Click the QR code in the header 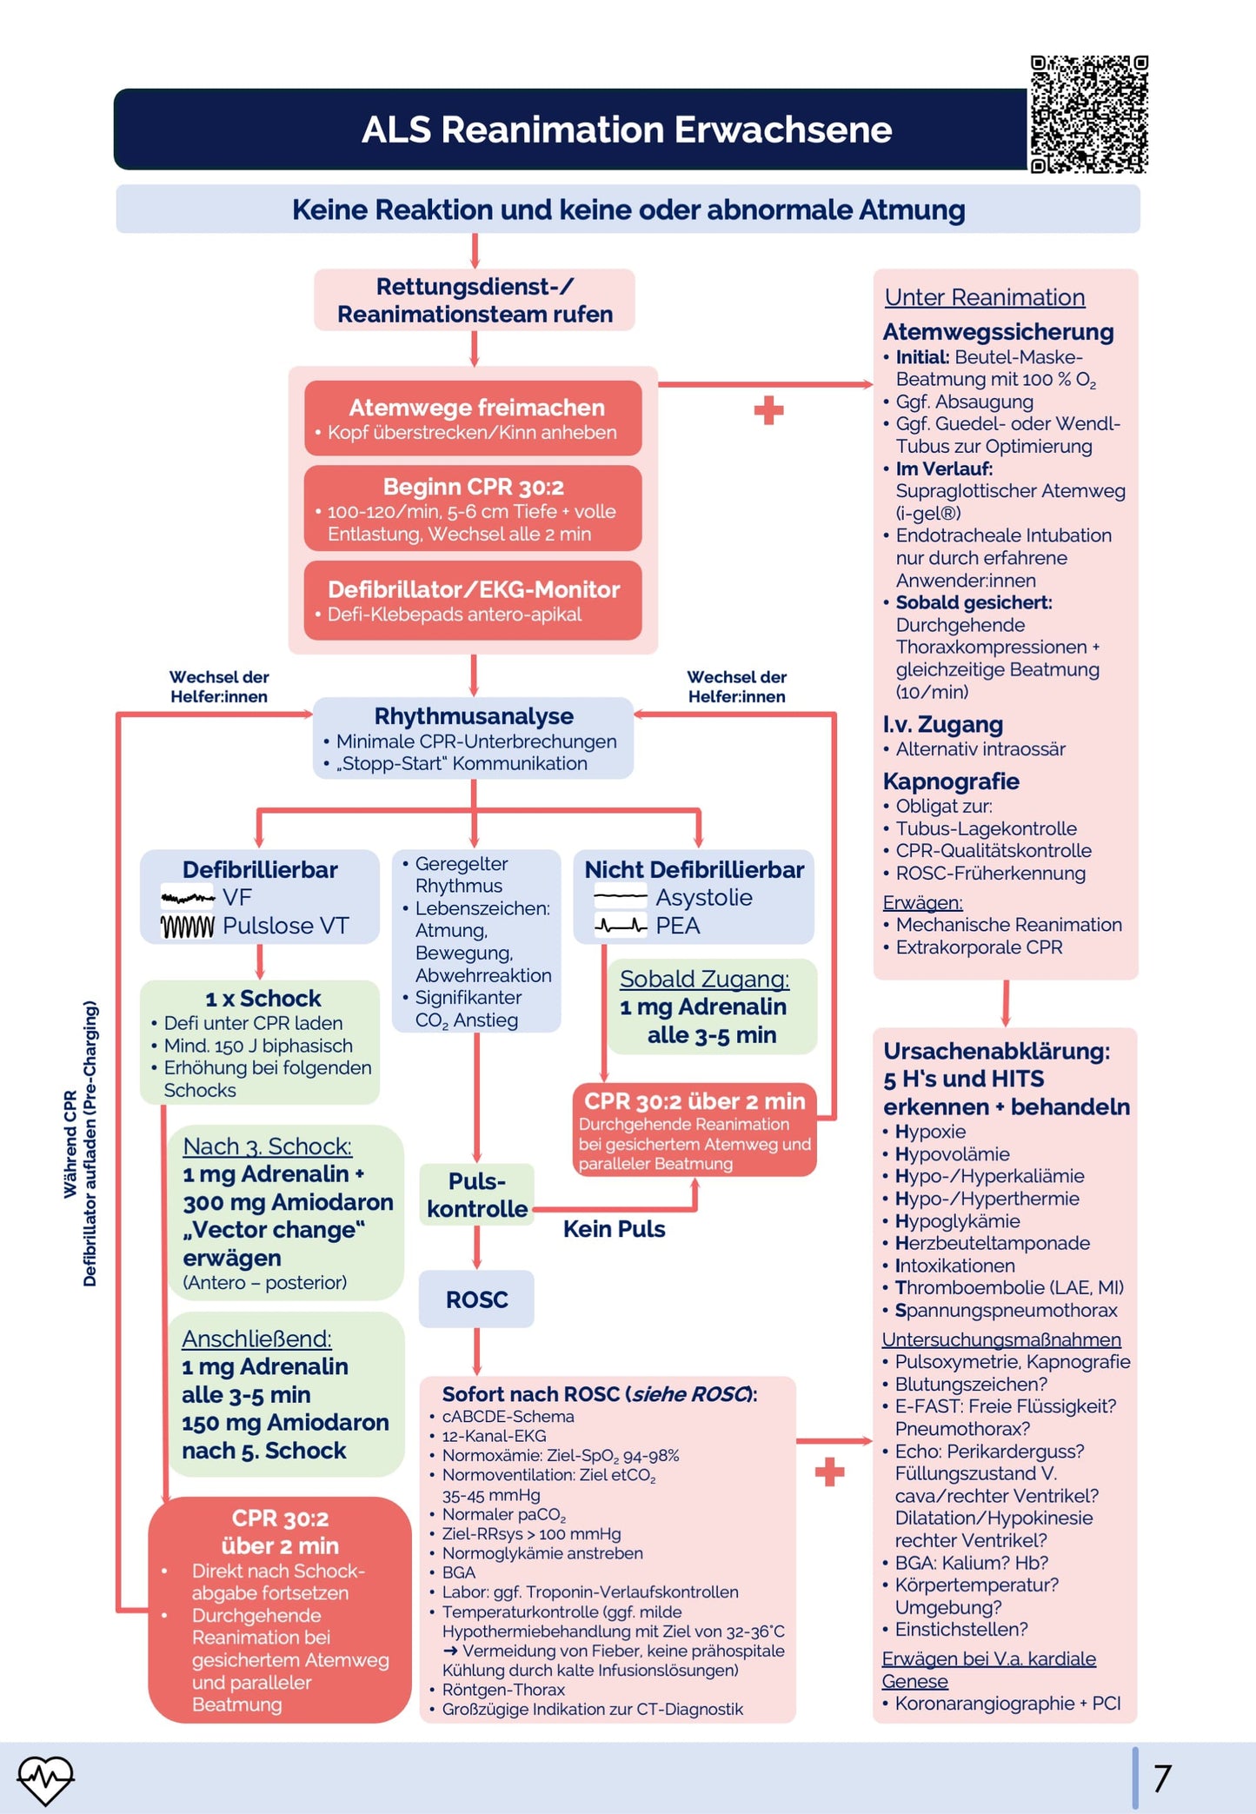coord(1088,115)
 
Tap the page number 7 coord(1162,1777)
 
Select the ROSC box coord(476,1299)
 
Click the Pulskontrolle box coord(476,1195)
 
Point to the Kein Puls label coord(614,1229)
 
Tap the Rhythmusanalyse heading coord(474,716)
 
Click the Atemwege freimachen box coord(474,418)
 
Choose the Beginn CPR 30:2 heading coord(474,487)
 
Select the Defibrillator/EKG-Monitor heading coord(474,589)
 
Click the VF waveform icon coord(188,898)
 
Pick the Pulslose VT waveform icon coord(188,927)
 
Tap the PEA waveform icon coord(621,927)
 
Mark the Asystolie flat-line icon coord(621,896)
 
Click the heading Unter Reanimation coord(985,297)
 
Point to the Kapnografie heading coord(951,781)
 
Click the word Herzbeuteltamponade coord(993,1243)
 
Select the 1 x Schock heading coord(262,998)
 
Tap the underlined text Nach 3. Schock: coord(267,1146)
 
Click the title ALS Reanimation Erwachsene coord(627,130)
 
